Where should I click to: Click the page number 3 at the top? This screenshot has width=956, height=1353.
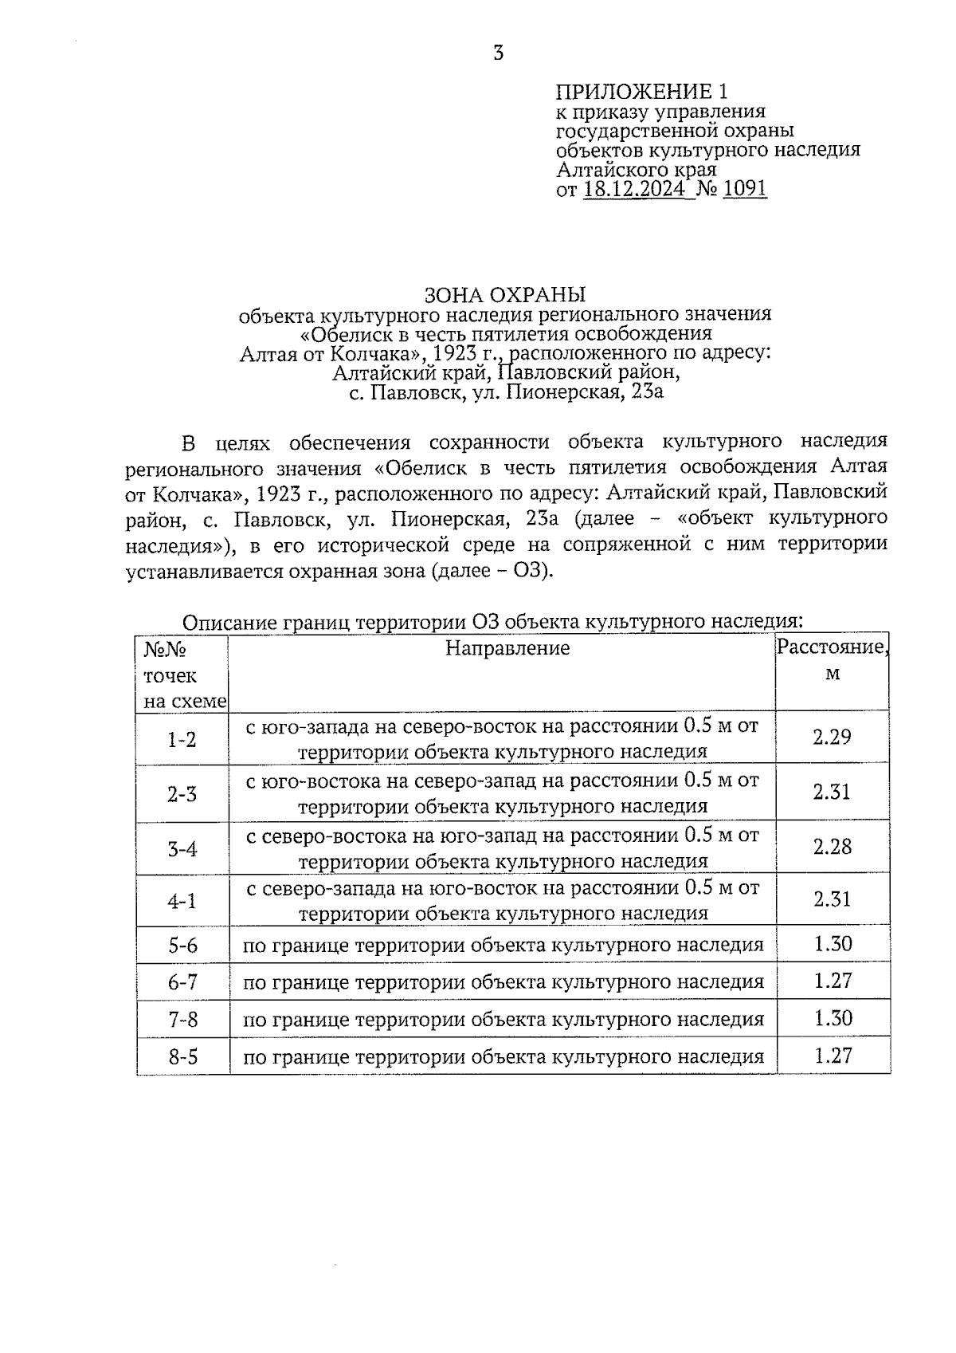pos(499,54)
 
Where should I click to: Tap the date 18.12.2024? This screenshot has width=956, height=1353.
pos(633,190)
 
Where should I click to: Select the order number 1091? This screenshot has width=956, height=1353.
pos(744,190)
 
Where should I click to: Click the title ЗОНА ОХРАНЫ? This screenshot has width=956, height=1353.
pos(505,293)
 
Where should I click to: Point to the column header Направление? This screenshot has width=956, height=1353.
pos(507,648)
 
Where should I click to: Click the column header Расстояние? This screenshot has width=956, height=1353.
pos(832,647)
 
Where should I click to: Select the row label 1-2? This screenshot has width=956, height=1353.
pos(182,740)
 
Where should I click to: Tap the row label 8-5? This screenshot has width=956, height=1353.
pos(182,1058)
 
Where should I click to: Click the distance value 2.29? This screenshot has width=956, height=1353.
pos(832,737)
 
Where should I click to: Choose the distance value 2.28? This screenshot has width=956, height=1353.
pos(832,847)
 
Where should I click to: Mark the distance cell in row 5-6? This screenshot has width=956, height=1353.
pos(833,945)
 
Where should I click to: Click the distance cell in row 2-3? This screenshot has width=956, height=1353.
pos(832,793)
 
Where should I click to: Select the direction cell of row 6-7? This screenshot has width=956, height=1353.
pos(503,982)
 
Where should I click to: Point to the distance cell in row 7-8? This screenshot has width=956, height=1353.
pos(833,1019)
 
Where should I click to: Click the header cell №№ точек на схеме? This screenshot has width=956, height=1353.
pos(182,675)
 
